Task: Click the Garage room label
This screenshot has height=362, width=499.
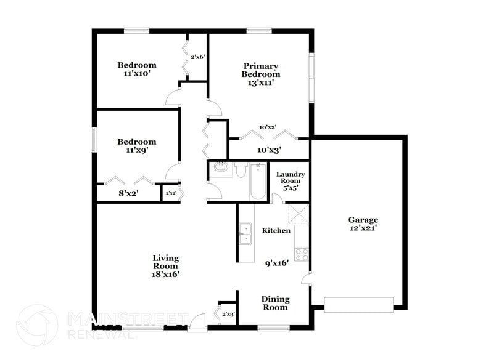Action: [x=363, y=220]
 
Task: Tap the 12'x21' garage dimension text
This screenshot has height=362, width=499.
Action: [x=363, y=228]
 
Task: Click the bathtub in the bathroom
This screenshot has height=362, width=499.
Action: [x=258, y=181]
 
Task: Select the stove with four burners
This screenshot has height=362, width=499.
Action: [x=302, y=254]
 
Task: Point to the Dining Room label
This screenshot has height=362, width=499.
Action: [x=276, y=303]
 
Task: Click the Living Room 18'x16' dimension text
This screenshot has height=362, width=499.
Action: [x=166, y=275]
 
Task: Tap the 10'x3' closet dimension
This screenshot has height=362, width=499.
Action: [x=269, y=149]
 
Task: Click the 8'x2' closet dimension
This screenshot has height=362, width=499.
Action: [x=128, y=193]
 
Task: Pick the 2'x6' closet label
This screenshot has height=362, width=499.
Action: [x=197, y=57]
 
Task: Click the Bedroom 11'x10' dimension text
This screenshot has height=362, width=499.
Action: [x=137, y=73]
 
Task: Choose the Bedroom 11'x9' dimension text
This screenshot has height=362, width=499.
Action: [x=137, y=150]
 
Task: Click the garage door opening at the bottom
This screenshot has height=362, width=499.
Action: [x=358, y=305]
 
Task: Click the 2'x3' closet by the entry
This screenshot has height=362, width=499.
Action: [x=228, y=315]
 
